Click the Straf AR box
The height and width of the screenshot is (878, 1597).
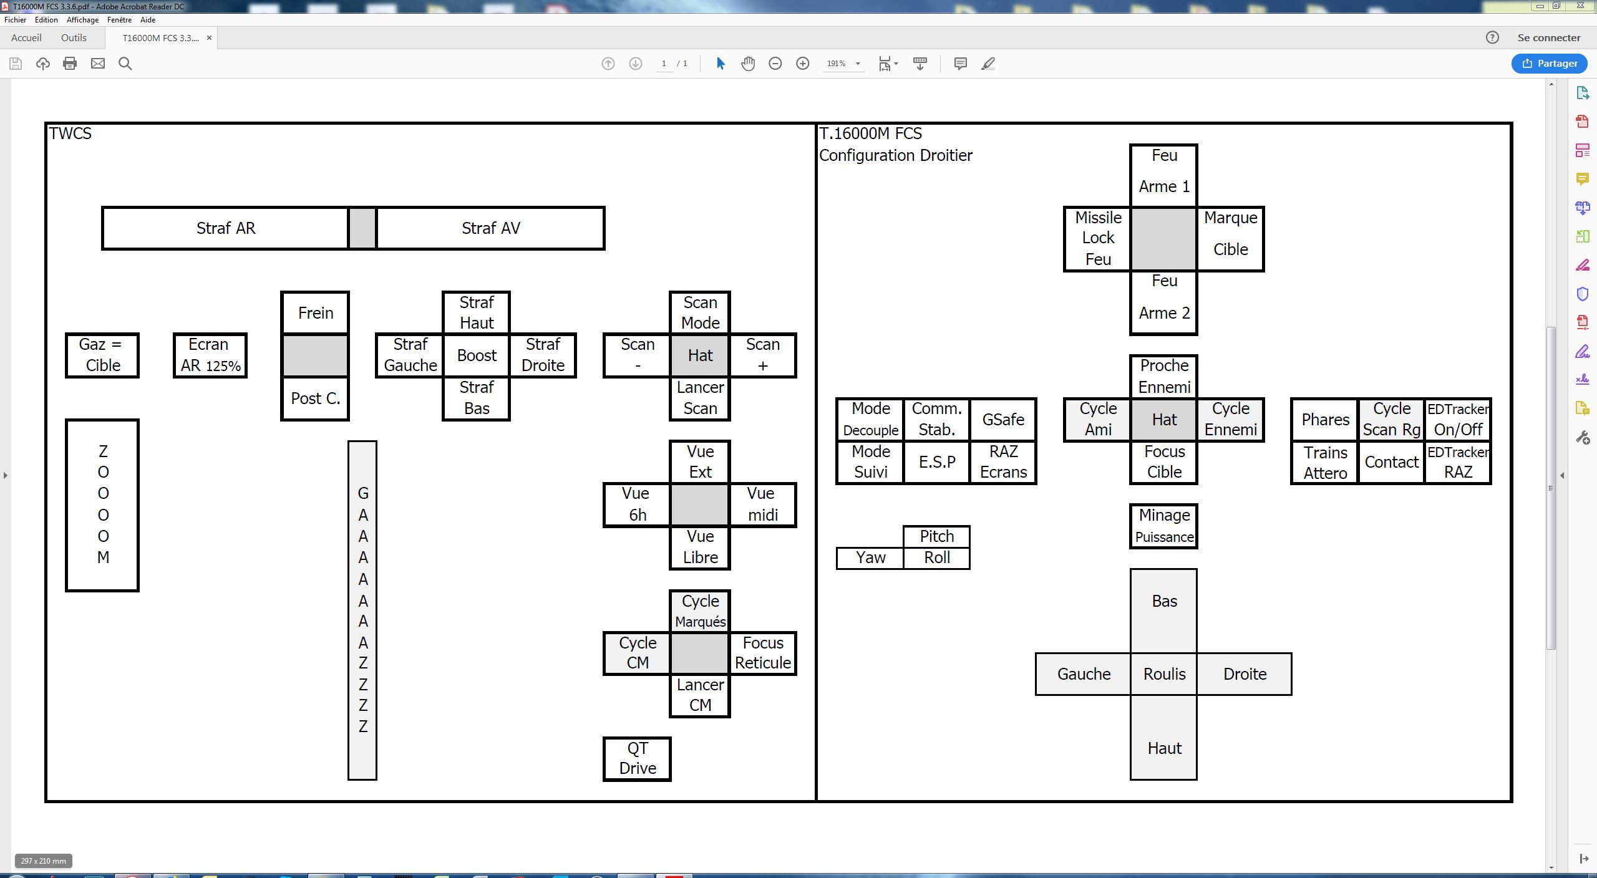coord(225,228)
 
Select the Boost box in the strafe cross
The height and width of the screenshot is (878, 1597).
coord(477,355)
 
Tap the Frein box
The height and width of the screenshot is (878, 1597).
coord(315,313)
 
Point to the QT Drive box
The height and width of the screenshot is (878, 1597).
coord(637,759)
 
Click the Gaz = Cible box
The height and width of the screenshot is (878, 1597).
coord(102,355)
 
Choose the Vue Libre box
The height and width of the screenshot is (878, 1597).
coord(700,548)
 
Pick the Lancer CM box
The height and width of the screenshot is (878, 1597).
coord(700,696)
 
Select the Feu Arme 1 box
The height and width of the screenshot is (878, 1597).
coord(1163,176)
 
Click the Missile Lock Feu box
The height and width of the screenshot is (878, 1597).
coord(1097,239)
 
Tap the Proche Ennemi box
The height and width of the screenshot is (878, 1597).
coord(1163,377)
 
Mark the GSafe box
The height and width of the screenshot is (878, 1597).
coord(1003,420)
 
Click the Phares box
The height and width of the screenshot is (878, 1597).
coord(1325,420)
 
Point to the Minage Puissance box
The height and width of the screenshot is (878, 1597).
coord(1163,526)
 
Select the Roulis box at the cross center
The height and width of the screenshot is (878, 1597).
coord(1164,674)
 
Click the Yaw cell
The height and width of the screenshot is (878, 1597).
coord(870,558)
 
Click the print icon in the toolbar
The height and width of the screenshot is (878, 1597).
coord(70,64)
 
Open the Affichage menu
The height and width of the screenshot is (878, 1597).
coord(82,20)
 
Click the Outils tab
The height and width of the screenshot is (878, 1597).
coord(74,38)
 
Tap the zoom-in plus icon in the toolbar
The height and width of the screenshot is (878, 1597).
coord(803,64)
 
